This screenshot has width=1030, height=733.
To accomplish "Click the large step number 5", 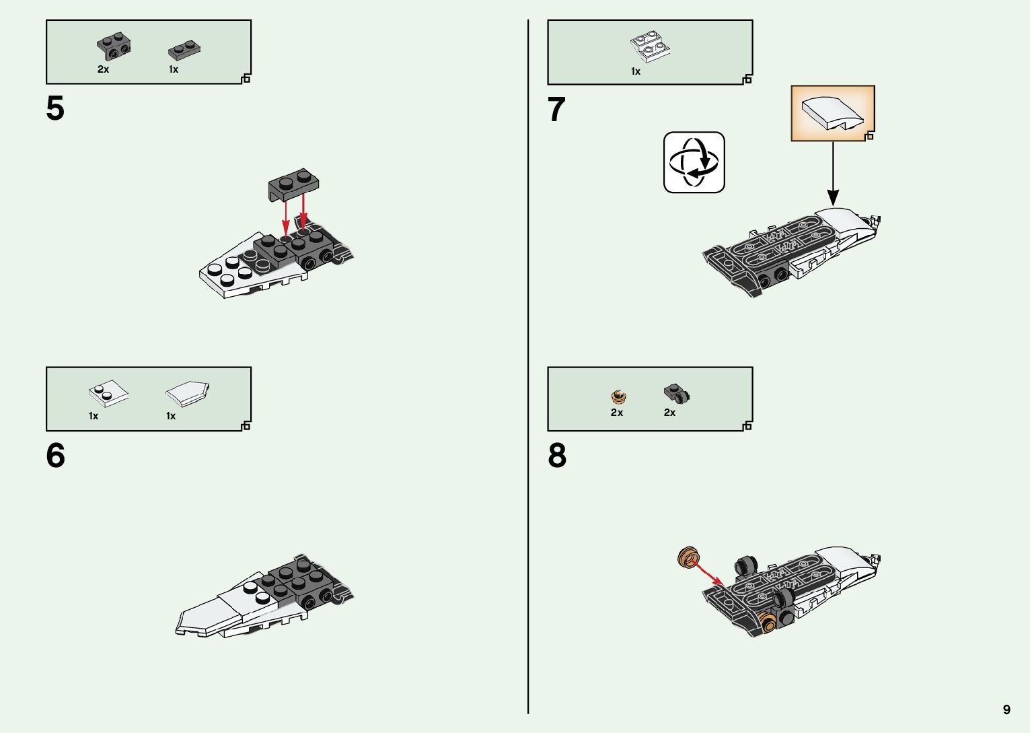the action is click(55, 108).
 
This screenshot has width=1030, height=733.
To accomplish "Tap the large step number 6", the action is click(56, 456).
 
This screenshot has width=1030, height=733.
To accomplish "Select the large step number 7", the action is click(556, 110).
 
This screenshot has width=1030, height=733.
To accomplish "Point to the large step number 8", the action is click(557, 456).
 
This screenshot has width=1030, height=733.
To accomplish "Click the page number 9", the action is click(1006, 709).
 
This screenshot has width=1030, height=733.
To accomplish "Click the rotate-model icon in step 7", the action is click(694, 162).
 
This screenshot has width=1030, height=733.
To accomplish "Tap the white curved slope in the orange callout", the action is click(832, 113).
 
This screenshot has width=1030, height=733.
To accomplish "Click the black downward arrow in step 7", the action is click(833, 174).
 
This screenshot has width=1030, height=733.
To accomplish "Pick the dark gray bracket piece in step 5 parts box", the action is click(114, 46).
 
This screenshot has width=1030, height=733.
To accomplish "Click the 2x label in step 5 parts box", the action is click(103, 69).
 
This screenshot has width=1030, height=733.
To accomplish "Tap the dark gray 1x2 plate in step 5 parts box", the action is click(184, 50).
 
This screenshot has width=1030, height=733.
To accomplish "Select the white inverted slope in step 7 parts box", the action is click(650, 46).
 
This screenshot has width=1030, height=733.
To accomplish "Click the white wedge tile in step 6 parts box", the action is click(188, 394).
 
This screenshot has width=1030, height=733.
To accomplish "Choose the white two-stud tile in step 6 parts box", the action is click(108, 393).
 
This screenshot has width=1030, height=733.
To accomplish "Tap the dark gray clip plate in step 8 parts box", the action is click(676, 394).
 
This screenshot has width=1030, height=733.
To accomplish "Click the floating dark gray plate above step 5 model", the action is click(293, 184).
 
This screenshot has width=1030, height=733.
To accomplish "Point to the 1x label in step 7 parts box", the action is click(636, 71).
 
